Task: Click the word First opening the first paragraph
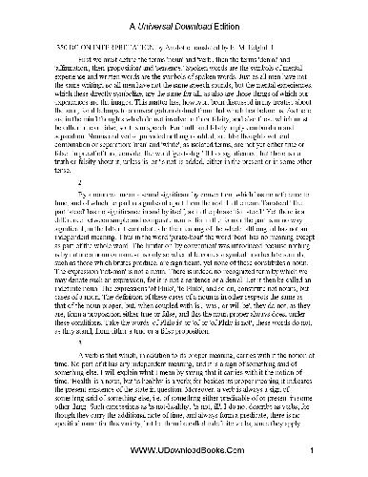(x=58, y=58)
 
